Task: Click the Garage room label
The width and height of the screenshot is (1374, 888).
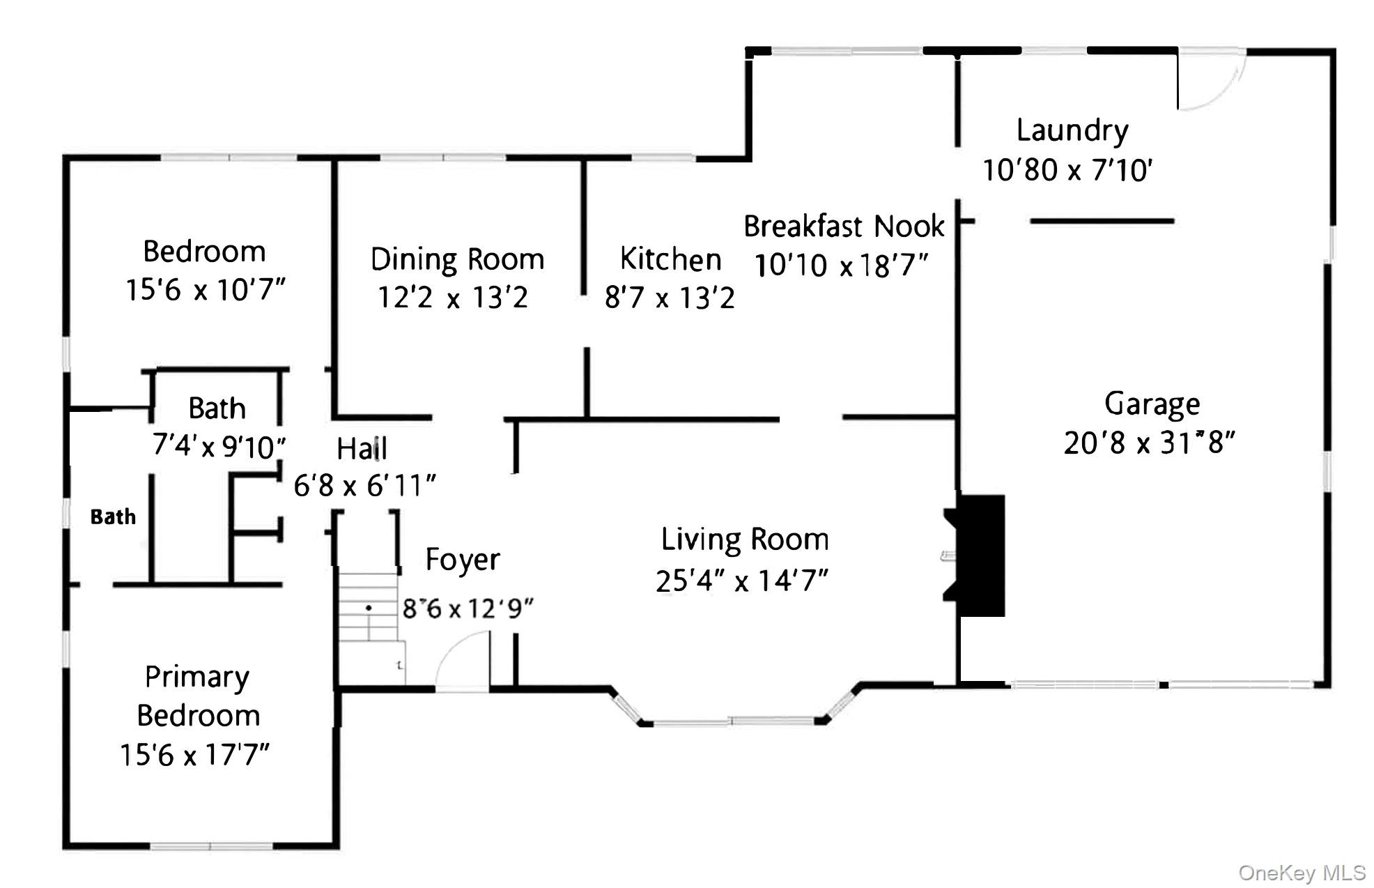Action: [x=1152, y=404]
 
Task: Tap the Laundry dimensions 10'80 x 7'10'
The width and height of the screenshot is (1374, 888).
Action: [x=1067, y=170]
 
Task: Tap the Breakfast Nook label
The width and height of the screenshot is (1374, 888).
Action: [x=843, y=227]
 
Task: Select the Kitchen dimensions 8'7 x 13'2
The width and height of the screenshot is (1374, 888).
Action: [x=669, y=298]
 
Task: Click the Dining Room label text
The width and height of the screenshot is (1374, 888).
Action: [x=457, y=259]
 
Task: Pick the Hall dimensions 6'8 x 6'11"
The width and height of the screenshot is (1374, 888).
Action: [x=364, y=485]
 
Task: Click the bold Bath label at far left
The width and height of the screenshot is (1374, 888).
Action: [x=113, y=516]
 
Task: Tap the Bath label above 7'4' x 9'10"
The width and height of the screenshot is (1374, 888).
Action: [x=217, y=408]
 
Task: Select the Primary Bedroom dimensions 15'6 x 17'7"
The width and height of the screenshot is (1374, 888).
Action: [x=194, y=755]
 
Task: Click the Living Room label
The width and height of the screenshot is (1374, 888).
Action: [x=745, y=539]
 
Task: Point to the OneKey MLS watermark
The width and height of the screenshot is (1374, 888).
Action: [x=1302, y=873]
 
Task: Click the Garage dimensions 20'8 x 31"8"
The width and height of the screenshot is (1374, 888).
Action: [x=1149, y=443]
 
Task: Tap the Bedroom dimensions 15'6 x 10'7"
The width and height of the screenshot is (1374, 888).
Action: [x=205, y=290]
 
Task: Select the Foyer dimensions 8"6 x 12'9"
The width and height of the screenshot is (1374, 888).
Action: [x=468, y=608]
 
